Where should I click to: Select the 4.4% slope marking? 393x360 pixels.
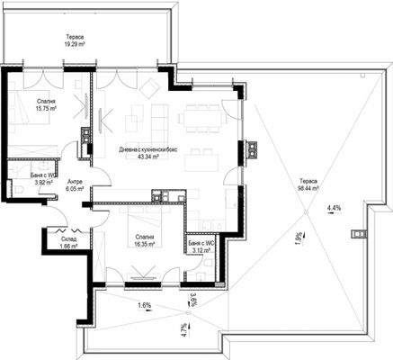(335, 208)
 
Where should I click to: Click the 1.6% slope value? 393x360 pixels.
(144, 306)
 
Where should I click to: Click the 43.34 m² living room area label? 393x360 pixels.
(142, 153)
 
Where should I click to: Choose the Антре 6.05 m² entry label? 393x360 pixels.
(75, 185)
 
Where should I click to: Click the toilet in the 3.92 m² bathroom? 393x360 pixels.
(17, 188)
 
